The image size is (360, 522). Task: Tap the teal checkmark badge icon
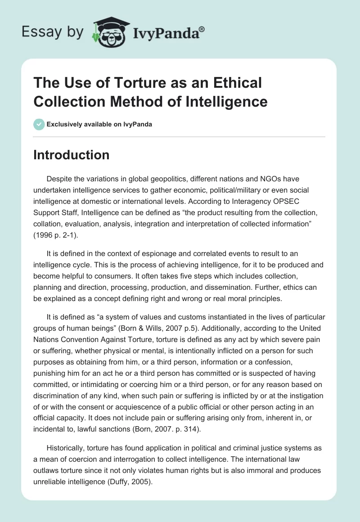point(39,124)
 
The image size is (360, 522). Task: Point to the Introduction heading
point(72,155)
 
